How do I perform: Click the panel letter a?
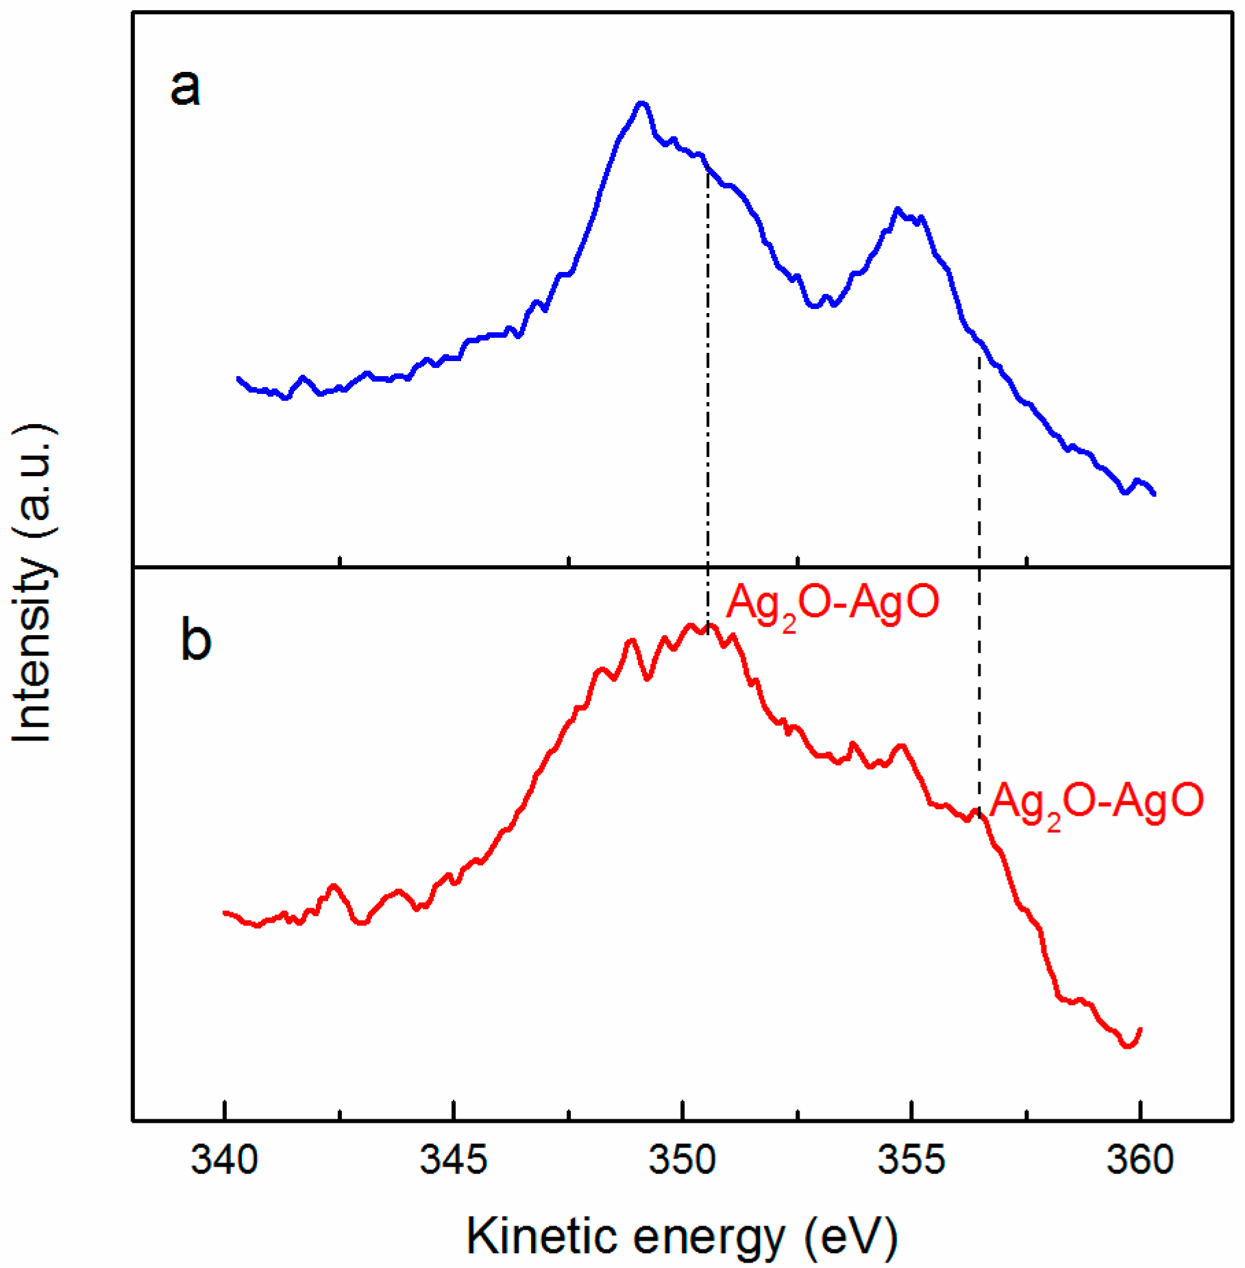(185, 88)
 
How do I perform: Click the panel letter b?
(195, 639)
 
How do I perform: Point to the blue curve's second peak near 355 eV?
(898, 209)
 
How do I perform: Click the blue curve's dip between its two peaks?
(814, 306)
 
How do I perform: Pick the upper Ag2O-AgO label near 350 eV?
(833, 604)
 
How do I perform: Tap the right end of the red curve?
(1140, 1030)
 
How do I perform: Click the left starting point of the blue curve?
(238, 378)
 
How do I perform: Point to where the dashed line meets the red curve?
(979, 812)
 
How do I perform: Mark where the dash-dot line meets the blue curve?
(708, 167)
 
